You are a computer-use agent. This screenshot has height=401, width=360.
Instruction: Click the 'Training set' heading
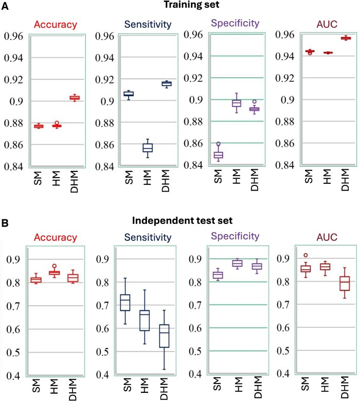click(189, 6)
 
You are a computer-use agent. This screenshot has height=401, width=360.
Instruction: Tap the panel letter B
click(7, 225)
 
